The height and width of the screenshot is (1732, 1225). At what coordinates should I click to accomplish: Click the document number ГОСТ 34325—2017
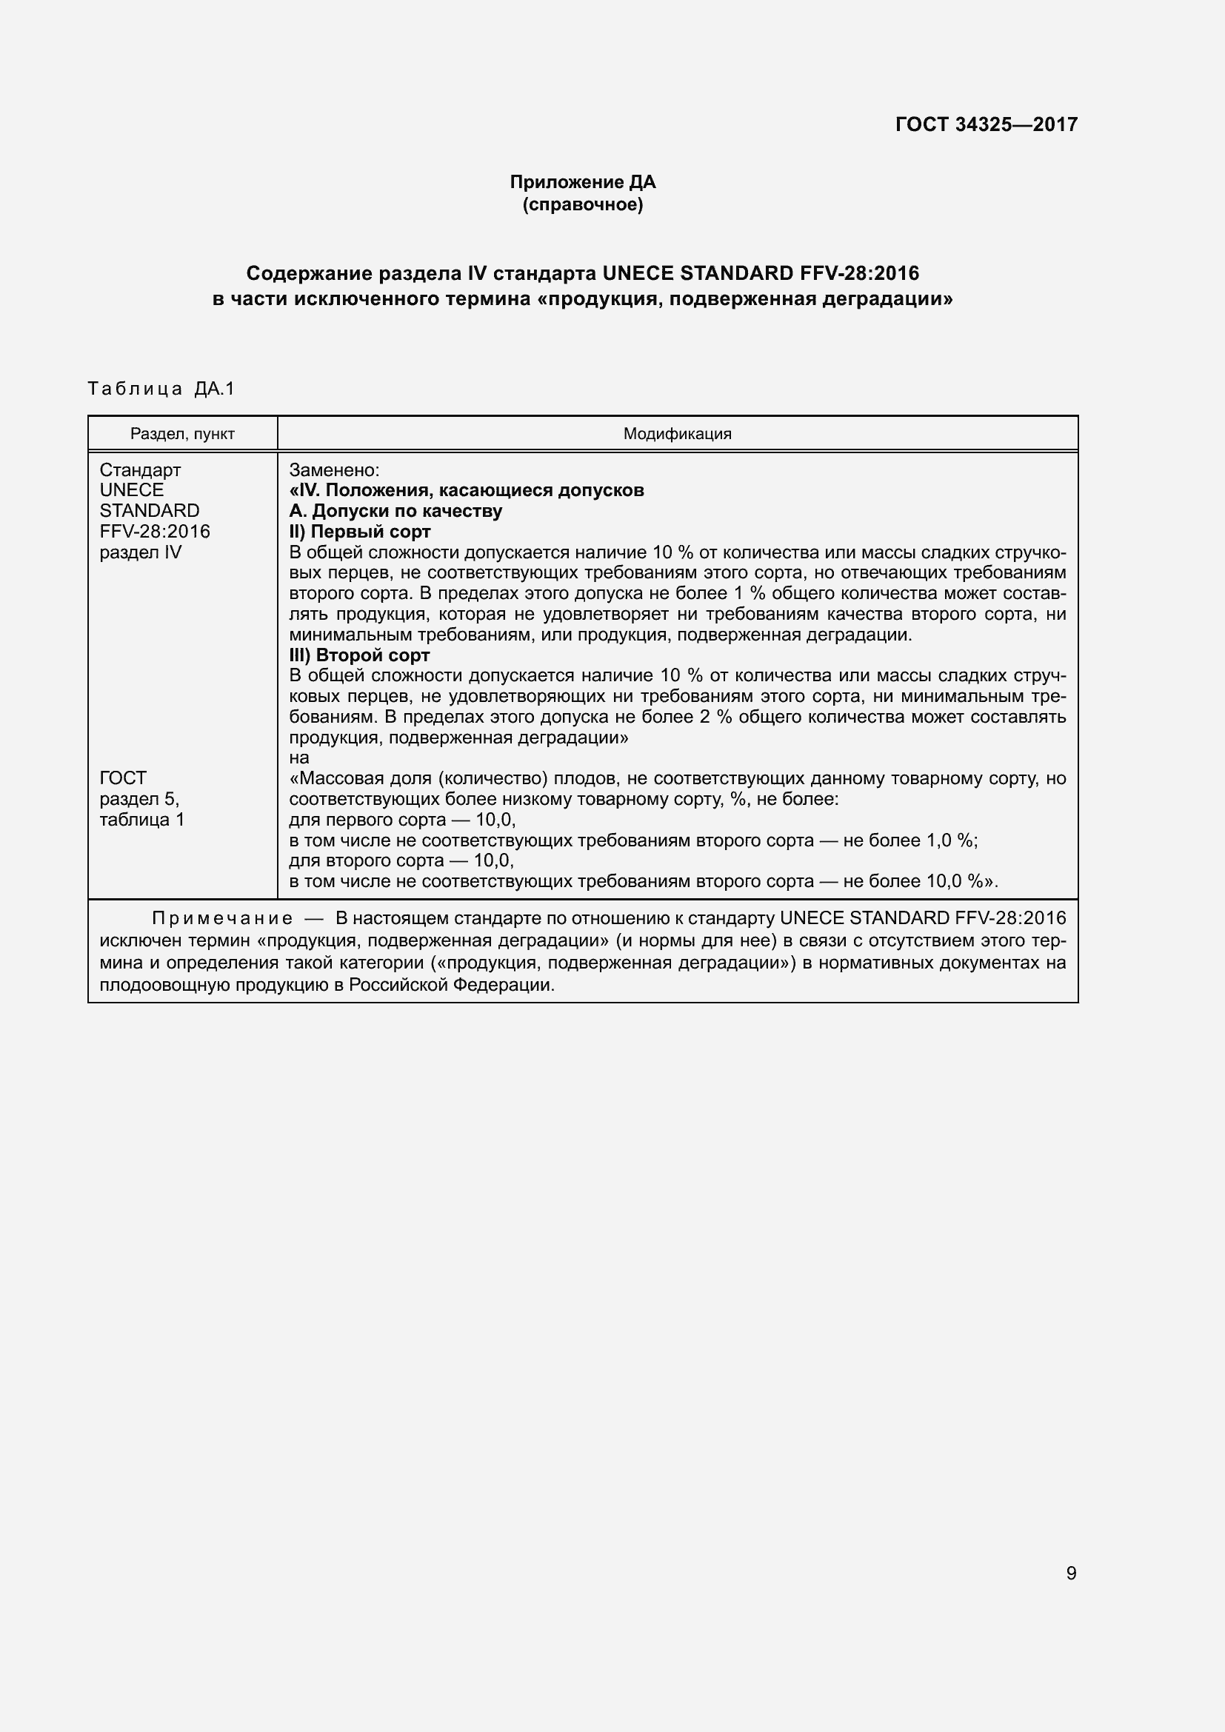[986, 124]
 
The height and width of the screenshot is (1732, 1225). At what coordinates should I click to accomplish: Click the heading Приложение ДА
[582, 182]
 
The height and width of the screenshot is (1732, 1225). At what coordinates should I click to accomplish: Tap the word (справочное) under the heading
[582, 204]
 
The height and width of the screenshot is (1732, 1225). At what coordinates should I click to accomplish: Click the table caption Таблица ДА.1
[161, 389]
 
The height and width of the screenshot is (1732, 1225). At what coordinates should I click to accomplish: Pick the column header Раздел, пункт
[182, 434]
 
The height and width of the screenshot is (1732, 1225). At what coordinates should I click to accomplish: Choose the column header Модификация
[677, 434]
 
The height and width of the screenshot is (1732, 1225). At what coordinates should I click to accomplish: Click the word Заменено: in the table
[334, 470]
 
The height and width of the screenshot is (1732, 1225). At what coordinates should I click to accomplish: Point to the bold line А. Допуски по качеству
[395, 511]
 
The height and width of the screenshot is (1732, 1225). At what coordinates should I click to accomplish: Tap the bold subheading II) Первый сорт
[360, 531]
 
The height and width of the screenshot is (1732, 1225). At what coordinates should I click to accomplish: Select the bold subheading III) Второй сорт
[359, 655]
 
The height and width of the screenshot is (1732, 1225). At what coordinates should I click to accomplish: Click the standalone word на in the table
[298, 758]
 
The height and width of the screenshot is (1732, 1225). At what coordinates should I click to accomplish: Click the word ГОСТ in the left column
[123, 778]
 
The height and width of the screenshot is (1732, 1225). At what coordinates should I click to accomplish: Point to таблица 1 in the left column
[141, 819]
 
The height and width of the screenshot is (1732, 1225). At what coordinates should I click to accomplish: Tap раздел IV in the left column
[140, 552]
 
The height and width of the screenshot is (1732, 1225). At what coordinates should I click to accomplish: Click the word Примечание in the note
[222, 918]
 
